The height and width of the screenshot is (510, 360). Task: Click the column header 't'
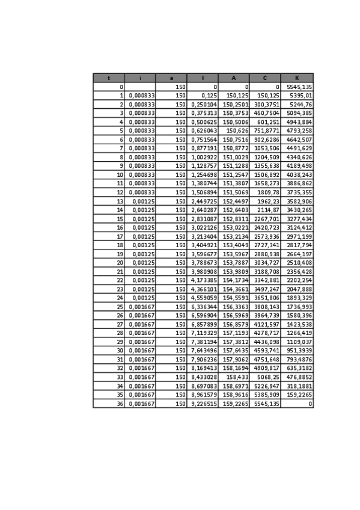pyautogui.click(x=108, y=78)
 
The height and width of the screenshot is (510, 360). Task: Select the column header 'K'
pyautogui.click(x=297, y=78)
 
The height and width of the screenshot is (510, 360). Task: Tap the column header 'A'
pyautogui.click(x=234, y=78)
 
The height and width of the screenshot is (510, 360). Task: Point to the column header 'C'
pyautogui.click(x=265, y=78)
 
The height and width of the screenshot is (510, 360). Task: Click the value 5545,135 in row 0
pyautogui.click(x=299, y=87)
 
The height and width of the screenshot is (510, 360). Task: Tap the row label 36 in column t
pyautogui.click(x=120, y=404)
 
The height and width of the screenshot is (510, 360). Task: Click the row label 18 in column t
pyautogui.click(x=120, y=245)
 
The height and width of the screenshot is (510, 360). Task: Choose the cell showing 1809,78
pyautogui.click(x=268, y=192)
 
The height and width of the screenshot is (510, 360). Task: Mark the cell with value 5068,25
pyautogui.click(x=268, y=377)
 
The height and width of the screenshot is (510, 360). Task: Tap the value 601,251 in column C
pyautogui.click(x=268, y=121)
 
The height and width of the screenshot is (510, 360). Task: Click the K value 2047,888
pyautogui.click(x=299, y=289)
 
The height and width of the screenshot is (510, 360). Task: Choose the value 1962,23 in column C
pyautogui.click(x=268, y=201)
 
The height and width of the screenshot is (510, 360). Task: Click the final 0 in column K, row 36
pyautogui.click(x=310, y=404)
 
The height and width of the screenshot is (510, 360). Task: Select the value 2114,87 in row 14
pyautogui.click(x=268, y=210)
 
